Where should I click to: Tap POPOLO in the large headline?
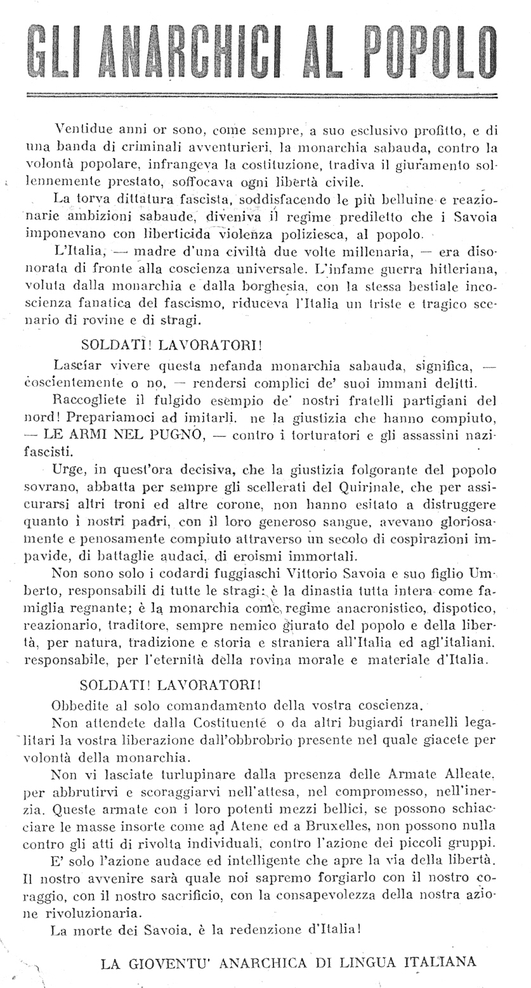424,48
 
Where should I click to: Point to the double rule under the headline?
260,95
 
